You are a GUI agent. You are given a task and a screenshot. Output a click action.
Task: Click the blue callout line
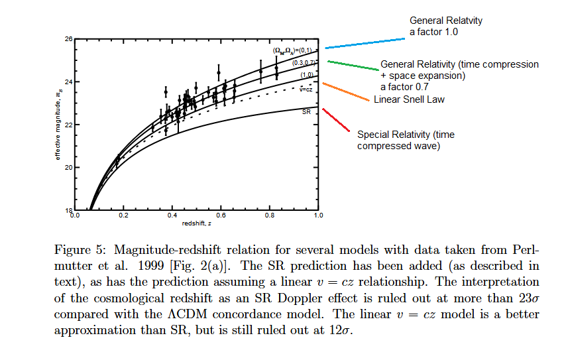365,43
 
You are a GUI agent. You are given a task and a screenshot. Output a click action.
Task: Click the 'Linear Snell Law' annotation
409,99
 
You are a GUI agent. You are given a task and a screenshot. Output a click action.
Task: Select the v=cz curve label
306,88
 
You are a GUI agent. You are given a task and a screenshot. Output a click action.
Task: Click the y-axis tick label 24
68,82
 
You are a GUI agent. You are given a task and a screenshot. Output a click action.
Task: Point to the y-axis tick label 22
68,125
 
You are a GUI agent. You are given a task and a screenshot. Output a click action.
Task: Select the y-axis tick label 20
68,167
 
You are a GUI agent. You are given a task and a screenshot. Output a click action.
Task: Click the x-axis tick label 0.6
221,215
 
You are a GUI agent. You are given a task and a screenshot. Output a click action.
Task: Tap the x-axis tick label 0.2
123,215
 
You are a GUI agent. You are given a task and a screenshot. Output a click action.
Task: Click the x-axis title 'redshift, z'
196,223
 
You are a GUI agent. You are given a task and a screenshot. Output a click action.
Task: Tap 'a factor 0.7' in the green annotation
404,87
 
